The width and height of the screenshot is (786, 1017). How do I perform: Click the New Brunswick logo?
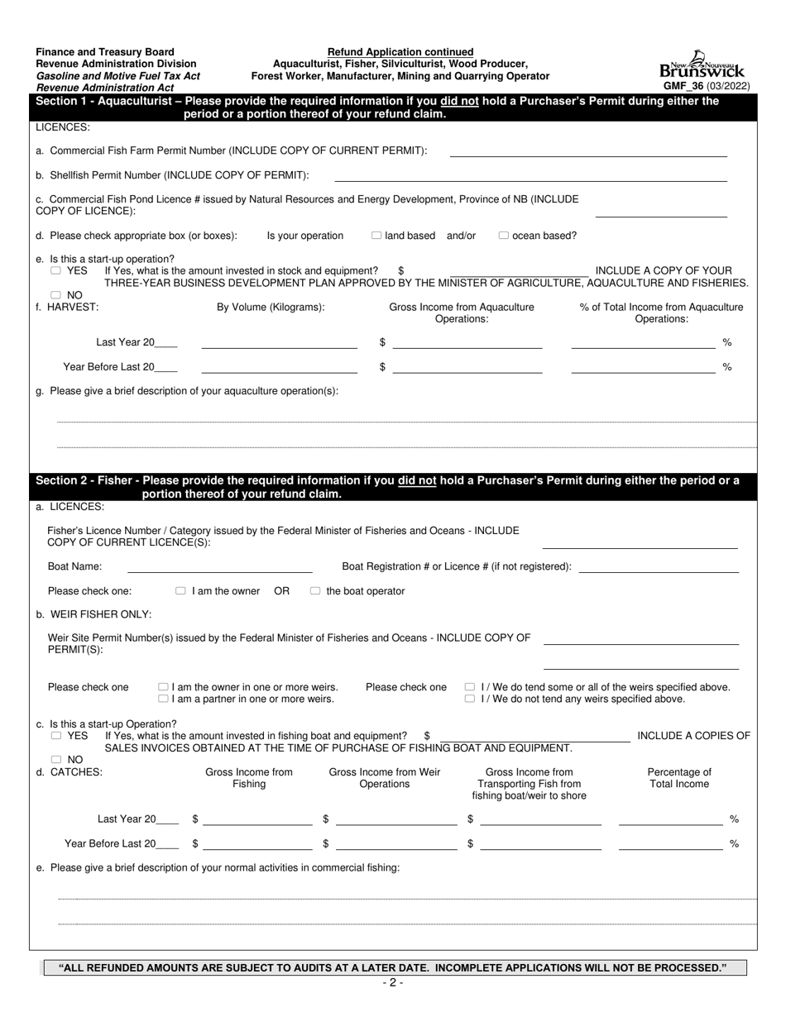pos(702,64)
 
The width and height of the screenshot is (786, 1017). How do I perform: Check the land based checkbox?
pos(376,236)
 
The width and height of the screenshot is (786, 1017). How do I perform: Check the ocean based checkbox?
pos(504,236)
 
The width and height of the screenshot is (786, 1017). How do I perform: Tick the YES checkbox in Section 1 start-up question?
pos(55,270)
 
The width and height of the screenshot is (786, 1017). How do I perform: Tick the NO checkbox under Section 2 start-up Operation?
pos(55,759)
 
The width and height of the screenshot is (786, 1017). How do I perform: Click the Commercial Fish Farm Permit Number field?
pos(587,151)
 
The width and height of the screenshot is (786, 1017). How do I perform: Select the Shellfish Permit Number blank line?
pos(530,176)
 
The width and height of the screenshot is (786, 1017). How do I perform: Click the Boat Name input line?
pos(219,567)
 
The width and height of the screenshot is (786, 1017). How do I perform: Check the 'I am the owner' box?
pos(180,591)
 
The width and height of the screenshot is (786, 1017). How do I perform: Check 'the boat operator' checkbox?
pos(315,591)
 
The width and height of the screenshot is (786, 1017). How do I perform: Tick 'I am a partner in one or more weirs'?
pos(163,699)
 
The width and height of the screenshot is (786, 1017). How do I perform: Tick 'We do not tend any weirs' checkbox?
pos(470,699)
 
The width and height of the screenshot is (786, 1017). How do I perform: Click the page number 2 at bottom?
pos(393,982)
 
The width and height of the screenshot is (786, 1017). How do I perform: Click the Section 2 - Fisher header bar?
pos(393,487)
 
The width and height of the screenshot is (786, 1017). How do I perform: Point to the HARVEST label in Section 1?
pos(73,307)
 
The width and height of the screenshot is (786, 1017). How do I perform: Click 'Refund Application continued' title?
pos(400,52)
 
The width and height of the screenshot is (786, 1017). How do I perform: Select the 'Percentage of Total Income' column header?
pos(678,778)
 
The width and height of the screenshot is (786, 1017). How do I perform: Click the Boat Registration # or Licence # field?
pos(659,567)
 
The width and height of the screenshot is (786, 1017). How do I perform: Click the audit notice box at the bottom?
pos(395,967)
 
